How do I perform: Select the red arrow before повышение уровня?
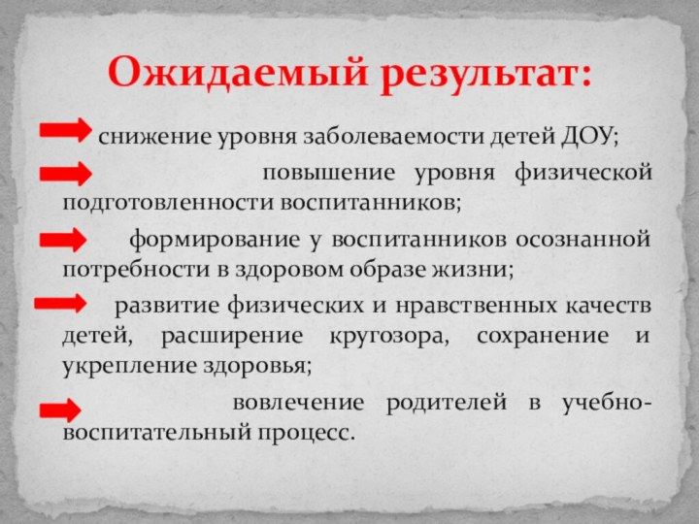[x=66, y=175]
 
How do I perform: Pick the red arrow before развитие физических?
[x=60, y=304]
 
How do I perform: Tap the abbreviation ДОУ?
[x=589, y=135]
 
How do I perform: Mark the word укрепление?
[x=122, y=367]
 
